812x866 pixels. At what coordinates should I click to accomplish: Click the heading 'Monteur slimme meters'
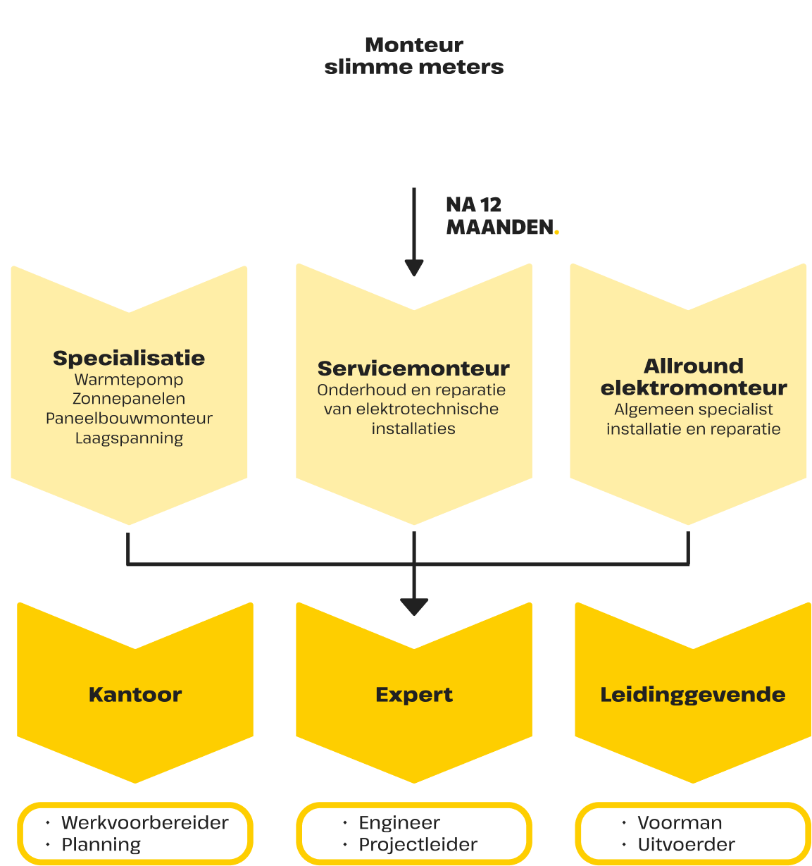414,56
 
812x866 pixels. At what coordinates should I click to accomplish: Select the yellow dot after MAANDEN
557,232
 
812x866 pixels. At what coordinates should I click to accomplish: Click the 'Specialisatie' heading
129,358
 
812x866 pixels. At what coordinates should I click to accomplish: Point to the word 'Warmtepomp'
129,380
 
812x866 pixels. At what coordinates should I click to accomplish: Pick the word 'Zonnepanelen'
129,399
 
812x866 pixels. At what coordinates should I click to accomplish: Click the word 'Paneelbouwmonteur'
129,419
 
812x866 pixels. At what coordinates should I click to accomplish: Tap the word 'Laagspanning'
129,438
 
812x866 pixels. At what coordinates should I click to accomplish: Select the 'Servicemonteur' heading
413,369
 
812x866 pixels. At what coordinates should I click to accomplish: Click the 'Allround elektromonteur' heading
694,377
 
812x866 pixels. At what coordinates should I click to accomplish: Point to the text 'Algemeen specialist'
694,409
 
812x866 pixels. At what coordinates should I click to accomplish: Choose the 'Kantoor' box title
135,695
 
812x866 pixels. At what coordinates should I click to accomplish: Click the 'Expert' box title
414,695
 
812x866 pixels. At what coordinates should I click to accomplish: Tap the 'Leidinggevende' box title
693,695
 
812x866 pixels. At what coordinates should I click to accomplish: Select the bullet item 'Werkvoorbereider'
145,823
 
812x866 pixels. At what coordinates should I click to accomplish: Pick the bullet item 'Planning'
101,845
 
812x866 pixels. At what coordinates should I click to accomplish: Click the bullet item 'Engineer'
399,823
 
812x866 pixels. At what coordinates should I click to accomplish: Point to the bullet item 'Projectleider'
418,845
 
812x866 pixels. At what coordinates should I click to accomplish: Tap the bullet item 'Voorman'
680,823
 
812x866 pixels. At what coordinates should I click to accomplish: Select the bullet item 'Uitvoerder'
687,845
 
